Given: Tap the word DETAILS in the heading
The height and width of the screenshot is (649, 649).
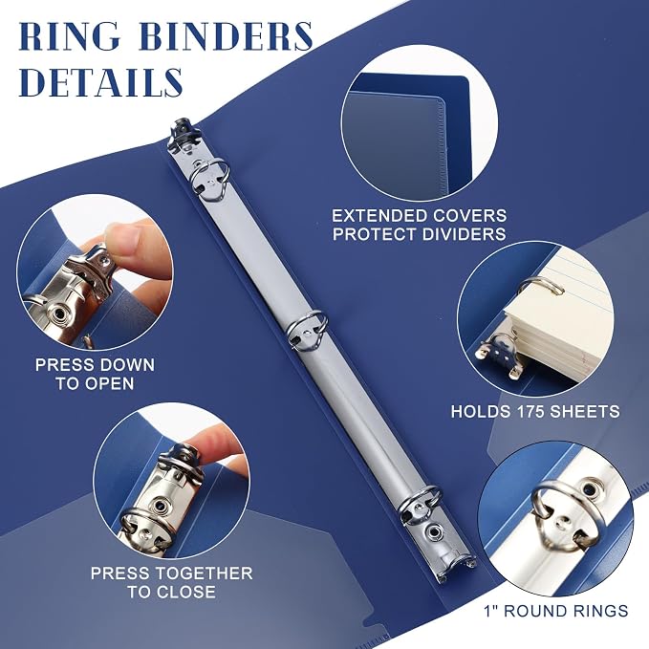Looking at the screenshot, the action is click(x=101, y=82).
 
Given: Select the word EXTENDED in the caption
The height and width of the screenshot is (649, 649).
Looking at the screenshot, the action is click(x=379, y=216).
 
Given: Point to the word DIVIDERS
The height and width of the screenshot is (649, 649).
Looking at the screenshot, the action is click(x=464, y=234).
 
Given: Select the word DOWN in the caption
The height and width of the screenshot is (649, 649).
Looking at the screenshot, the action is click(x=127, y=365).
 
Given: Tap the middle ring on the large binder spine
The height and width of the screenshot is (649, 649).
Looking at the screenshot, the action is click(x=307, y=331).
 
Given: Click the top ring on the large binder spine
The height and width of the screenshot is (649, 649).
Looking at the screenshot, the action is click(x=209, y=179).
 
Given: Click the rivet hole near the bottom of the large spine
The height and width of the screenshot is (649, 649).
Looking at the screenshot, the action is click(x=434, y=531).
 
